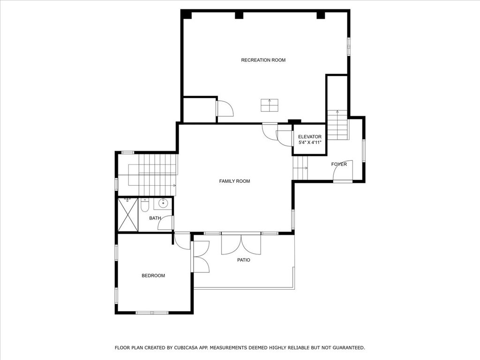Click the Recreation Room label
pos(263,60)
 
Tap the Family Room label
pos(234,181)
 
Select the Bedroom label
pos(153,276)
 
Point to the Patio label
pos(244,260)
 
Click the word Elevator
pos(310,137)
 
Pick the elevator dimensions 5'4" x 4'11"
pos(310,142)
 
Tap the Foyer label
pos(339,165)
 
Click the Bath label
pos(155,218)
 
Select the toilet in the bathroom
pos(145,205)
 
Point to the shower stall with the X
pos(128,215)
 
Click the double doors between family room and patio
pos(241,244)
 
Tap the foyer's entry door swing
pos(343,171)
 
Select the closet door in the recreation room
pos(225,108)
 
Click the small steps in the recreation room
pos(270,105)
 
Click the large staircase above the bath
pos(157,174)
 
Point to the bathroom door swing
pos(165,223)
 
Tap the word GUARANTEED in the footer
pos(349,348)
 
